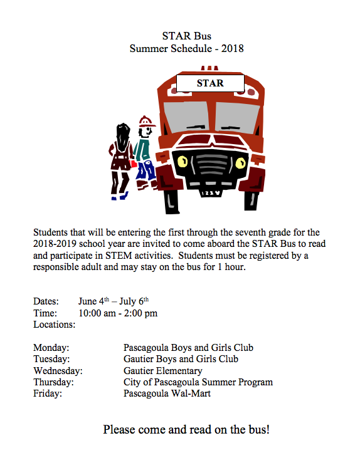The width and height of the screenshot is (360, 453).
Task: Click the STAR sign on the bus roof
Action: coord(209,82)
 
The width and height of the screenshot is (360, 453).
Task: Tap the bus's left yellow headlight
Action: coord(183,162)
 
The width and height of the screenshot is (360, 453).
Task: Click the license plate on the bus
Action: coord(209,193)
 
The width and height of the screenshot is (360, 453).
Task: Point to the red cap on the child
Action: coord(147,121)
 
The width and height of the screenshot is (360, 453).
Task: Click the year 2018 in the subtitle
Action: coord(231,48)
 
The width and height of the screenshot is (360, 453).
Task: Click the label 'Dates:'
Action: coord(46,301)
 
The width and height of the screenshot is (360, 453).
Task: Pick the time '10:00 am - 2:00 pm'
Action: coord(118,313)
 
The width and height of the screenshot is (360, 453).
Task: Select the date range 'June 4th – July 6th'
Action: coord(114,301)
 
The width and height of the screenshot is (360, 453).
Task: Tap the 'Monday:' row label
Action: coord(51,348)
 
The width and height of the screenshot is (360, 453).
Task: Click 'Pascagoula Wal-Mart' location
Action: coord(167,394)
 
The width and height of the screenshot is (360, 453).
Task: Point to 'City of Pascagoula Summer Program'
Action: coord(198,382)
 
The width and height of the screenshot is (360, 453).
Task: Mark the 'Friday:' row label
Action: coord(47,394)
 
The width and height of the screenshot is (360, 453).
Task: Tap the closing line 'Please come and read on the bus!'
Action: coord(186,430)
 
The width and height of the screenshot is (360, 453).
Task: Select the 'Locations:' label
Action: coord(54,325)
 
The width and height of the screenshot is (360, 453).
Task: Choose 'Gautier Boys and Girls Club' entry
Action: coord(181,359)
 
